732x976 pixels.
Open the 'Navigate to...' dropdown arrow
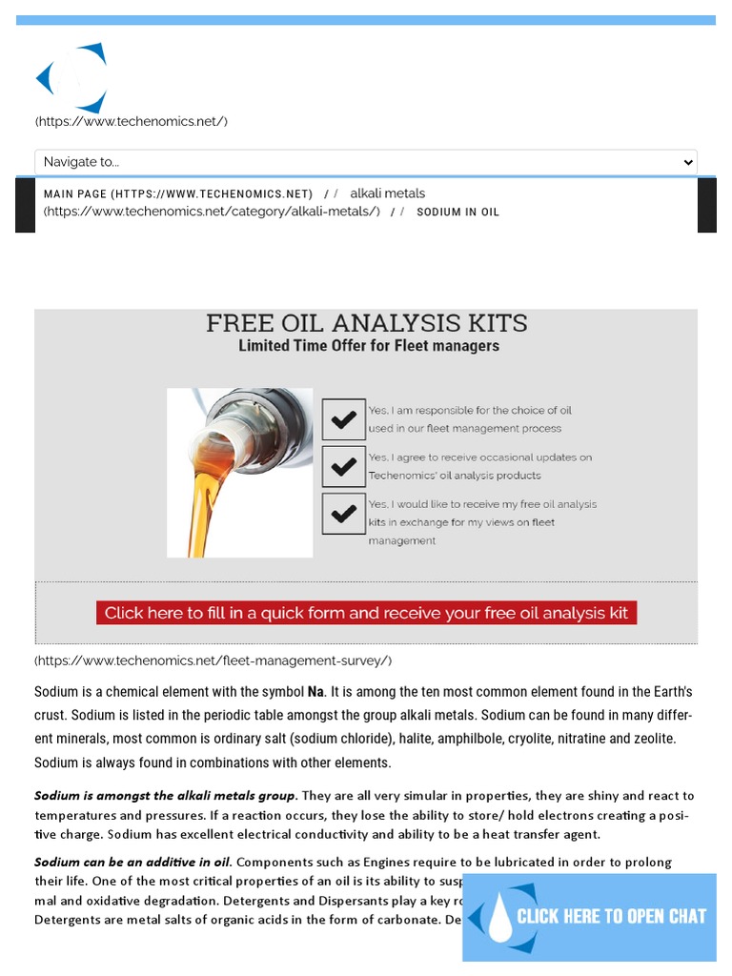click(x=688, y=163)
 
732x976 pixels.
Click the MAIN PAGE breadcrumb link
click(x=178, y=194)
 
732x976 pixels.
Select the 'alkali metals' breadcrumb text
click(x=387, y=193)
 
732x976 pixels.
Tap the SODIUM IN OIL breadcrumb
click(x=457, y=213)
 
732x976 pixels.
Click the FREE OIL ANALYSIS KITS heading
click(x=366, y=324)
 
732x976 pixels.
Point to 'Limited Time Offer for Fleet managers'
click(x=368, y=346)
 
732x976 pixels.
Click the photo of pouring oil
click(x=239, y=473)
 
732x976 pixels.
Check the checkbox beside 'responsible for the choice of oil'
click(x=343, y=419)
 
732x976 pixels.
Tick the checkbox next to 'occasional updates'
click(x=343, y=466)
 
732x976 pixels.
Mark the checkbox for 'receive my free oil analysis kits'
click(x=343, y=514)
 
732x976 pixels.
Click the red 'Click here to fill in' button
click(x=366, y=613)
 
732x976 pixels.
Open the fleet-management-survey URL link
click(x=213, y=661)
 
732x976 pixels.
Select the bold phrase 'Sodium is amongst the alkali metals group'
click(x=165, y=795)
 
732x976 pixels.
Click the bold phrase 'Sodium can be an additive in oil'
click(x=132, y=862)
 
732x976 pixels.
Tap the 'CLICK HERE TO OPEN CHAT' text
click(x=611, y=917)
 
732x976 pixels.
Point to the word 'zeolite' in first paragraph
click(x=654, y=739)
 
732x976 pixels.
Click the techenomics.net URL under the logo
click(x=131, y=121)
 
